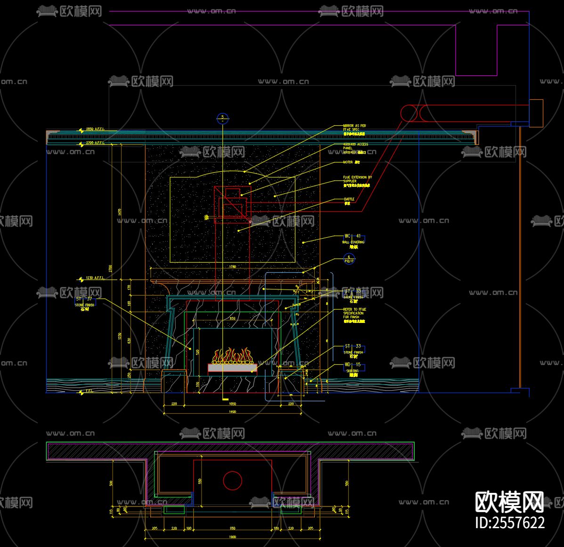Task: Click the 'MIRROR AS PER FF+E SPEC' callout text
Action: click(355, 128)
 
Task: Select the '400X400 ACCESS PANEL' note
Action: click(356, 146)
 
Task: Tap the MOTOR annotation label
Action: click(351, 162)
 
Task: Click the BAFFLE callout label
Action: click(349, 200)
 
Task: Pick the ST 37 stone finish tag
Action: click(84, 299)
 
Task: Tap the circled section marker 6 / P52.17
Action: click(349, 259)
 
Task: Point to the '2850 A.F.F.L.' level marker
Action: click(94, 129)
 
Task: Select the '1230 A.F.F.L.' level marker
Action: click(94, 278)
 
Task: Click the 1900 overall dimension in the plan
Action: click(232, 537)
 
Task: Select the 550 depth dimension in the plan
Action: click(200, 481)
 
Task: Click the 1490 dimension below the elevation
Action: click(232, 412)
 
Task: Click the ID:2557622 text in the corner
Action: click(509, 523)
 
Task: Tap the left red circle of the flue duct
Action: click(409, 113)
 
